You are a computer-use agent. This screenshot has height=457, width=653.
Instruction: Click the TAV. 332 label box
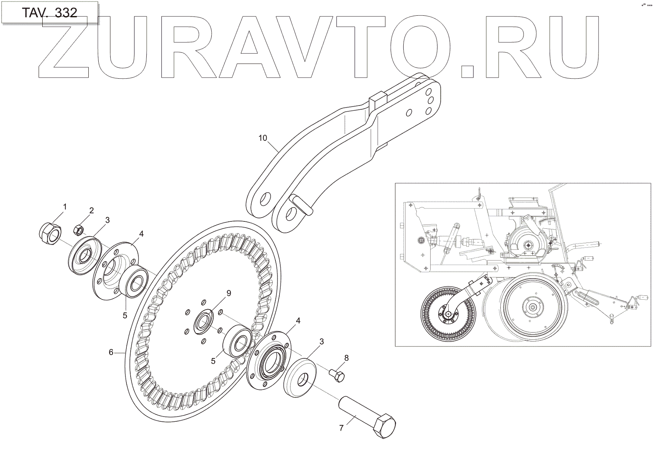tap(49, 13)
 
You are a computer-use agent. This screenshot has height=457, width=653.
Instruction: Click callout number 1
tap(65, 207)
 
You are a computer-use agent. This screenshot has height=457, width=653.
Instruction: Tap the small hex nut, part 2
tap(78, 230)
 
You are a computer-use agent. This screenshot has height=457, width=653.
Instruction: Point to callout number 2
tap(91, 210)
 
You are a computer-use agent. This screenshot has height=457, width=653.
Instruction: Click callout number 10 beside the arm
tap(262, 138)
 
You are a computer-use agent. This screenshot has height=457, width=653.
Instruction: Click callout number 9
tap(229, 294)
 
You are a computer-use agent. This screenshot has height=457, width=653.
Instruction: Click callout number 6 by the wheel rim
tap(111, 352)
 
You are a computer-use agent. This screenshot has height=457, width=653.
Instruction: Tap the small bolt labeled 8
tap(337, 375)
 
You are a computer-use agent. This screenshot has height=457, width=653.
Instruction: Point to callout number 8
tap(346, 358)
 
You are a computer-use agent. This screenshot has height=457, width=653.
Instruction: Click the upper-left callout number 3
tap(108, 220)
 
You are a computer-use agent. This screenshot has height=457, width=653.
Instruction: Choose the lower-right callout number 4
tap(298, 320)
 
